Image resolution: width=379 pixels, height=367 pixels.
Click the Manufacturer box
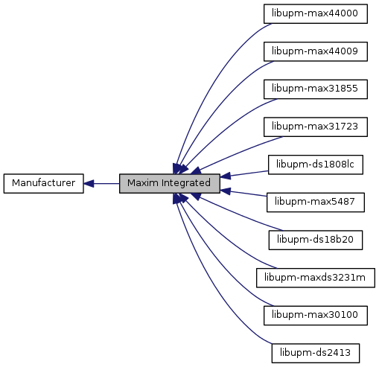click(x=44, y=183)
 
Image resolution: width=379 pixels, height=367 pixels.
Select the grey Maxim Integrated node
click(x=170, y=183)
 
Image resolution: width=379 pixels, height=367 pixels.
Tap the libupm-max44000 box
click(x=316, y=13)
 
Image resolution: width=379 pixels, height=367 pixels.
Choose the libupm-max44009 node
click(x=316, y=51)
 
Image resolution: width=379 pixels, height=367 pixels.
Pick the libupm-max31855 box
click(x=316, y=89)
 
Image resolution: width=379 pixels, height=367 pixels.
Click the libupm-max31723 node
click(x=316, y=127)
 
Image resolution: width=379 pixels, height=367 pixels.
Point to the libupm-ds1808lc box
click(x=316, y=165)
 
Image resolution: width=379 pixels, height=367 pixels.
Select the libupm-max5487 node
click(x=316, y=202)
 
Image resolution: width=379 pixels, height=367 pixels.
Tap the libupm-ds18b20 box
click(x=316, y=240)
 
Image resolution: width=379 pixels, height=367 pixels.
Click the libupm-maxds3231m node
click(x=316, y=278)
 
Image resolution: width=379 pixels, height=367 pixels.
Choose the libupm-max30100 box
click(x=316, y=316)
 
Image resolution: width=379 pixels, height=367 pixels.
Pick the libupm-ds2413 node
click(x=316, y=353)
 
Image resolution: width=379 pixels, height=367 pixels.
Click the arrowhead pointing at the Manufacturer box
click(x=89, y=184)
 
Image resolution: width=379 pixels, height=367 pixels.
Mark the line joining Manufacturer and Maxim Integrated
click(x=101, y=184)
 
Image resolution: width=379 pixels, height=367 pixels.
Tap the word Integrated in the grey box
click(x=186, y=183)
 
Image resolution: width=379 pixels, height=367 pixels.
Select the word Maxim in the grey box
click(x=143, y=183)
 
